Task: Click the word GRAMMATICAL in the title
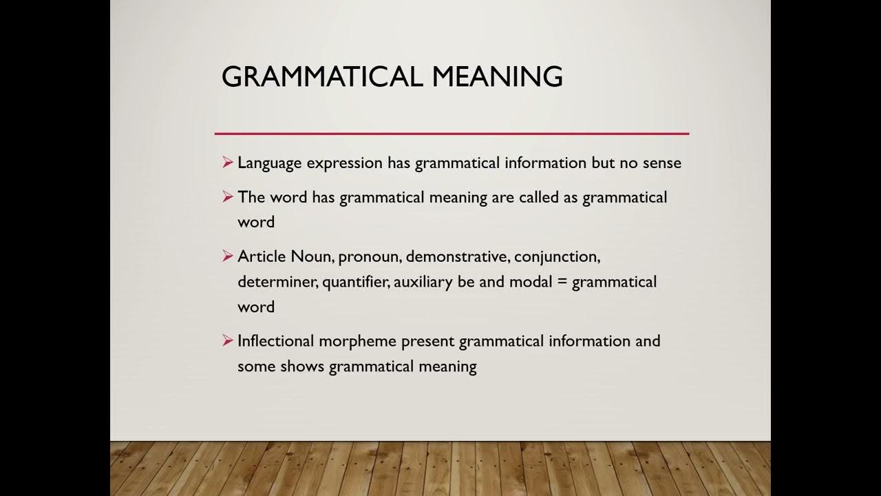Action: click(321, 76)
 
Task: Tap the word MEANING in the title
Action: click(497, 76)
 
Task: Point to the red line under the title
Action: click(452, 133)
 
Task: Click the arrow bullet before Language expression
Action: click(228, 163)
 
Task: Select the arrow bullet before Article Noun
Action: click(228, 256)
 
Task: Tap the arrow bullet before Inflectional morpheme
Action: click(228, 340)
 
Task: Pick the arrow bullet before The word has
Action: click(228, 197)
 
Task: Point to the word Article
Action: click(262, 257)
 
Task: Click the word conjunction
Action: click(557, 257)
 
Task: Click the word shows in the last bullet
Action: click(302, 366)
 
